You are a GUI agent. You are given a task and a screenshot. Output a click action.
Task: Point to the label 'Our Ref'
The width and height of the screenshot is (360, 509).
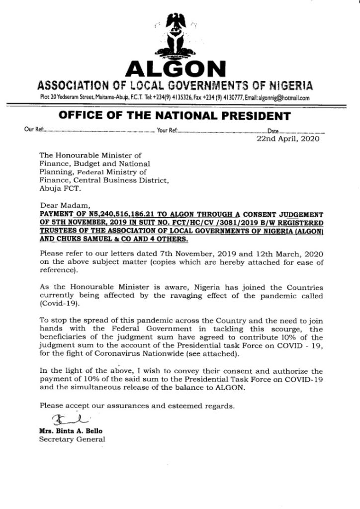pyautogui.click(x=33, y=131)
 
